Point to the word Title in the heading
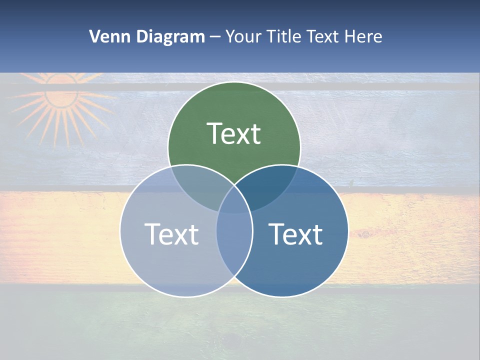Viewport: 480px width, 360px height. coord(284,36)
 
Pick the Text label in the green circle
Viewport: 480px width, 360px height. coord(234,134)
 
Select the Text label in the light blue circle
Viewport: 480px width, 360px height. coord(171,234)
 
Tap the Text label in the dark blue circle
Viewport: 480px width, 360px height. coord(295,234)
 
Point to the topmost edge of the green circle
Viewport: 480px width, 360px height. coord(234,82)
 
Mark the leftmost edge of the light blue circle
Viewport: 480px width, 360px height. coord(120,230)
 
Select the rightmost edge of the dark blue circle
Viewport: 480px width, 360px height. coord(348,230)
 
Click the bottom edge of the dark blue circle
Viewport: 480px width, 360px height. coord(282,296)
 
